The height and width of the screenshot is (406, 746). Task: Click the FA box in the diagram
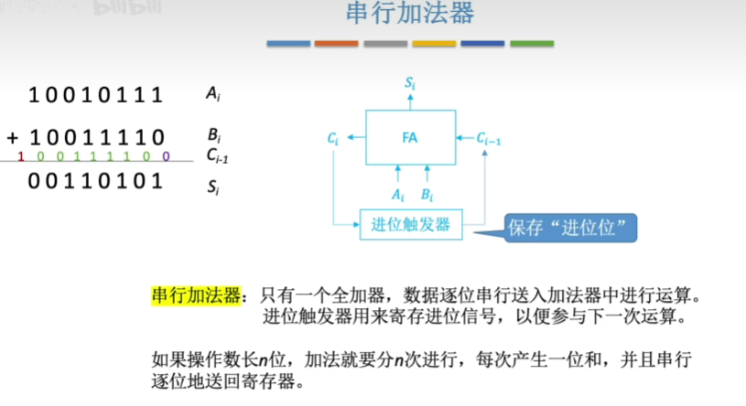[410, 137]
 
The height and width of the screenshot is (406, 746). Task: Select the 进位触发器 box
[410, 224]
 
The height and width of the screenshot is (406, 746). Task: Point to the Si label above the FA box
[411, 83]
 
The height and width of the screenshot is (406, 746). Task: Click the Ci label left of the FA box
[333, 138]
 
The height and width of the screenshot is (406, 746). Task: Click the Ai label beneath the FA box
[397, 195]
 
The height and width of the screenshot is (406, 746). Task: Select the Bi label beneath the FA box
[427, 195]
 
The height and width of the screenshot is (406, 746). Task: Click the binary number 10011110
[96, 138]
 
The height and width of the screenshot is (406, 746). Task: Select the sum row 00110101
[96, 181]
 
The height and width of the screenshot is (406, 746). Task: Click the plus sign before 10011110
[13, 138]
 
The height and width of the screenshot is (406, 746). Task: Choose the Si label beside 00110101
[213, 189]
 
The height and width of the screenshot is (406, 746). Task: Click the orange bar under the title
[336, 44]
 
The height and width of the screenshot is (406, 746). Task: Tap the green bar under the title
[532, 44]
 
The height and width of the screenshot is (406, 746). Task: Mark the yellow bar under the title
[434, 44]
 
